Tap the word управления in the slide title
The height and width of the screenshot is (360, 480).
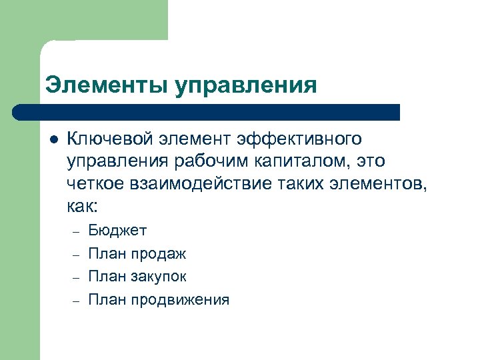(246, 86)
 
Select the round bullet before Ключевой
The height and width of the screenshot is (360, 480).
(54, 139)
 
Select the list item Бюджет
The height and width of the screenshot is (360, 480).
(117, 231)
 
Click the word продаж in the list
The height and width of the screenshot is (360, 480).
(158, 254)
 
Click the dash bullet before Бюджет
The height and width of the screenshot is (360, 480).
(76, 231)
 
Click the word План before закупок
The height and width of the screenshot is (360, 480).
(105, 277)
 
